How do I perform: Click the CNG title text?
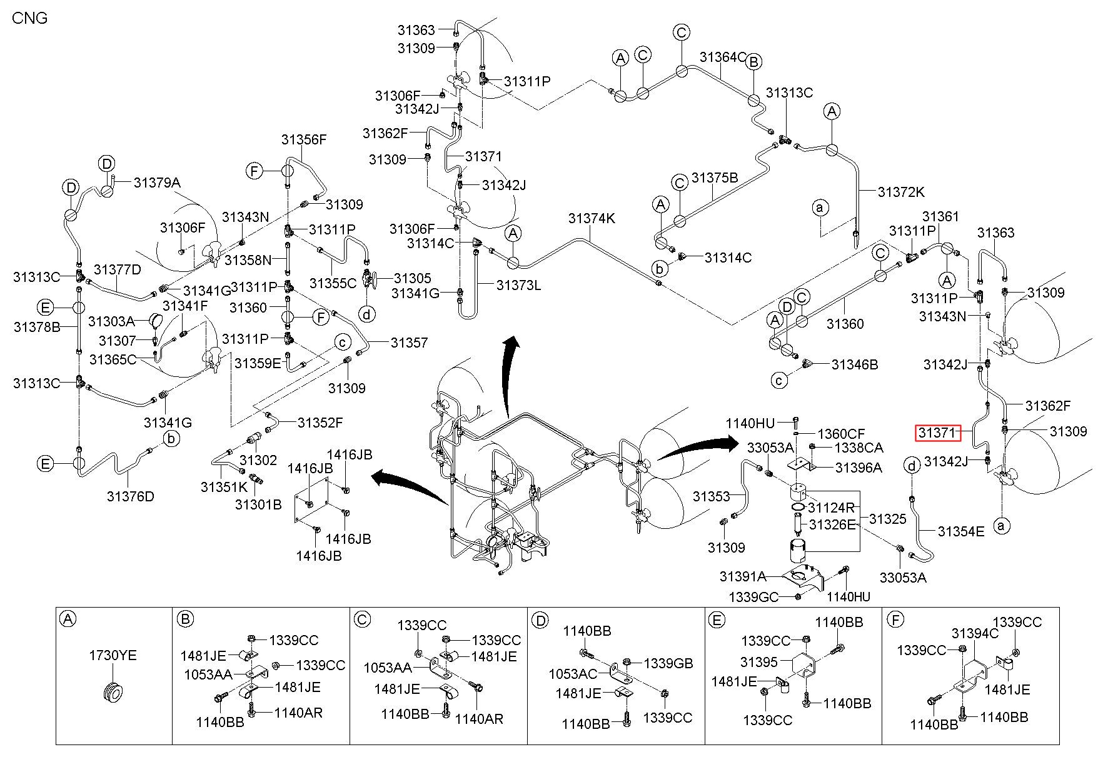[x=30, y=18]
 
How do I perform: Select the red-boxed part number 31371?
[x=937, y=433]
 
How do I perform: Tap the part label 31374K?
[x=592, y=219]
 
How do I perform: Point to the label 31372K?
[x=901, y=192]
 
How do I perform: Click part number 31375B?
[x=715, y=178]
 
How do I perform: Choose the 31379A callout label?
[x=157, y=183]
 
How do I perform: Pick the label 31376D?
[x=130, y=496]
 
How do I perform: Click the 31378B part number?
[x=37, y=326]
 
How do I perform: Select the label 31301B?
[x=258, y=504]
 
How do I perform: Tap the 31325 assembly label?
[x=887, y=519]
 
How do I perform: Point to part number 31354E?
[x=961, y=531]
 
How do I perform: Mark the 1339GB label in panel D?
[x=668, y=663]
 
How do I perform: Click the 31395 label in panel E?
[x=758, y=661]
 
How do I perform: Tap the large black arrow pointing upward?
[x=510, y=375]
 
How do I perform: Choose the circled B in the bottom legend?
[x=185, y=619]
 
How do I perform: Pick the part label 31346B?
[x=855, y=364]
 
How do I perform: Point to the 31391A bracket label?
[x=743, y=576]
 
